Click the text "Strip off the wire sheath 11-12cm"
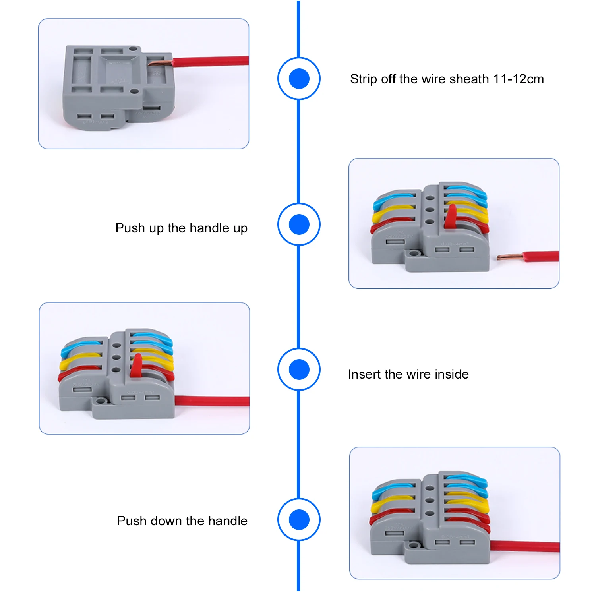click(447, 79)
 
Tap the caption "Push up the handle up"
click(181, 228)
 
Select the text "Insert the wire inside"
click(408, 374)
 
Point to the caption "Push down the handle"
click(182, 521)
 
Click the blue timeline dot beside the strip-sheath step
click(299, 79)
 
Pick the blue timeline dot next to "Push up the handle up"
click(299, 224)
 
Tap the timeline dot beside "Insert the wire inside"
click(299, 370)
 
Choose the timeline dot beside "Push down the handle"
click(299, 520)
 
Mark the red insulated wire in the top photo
click(211, 61)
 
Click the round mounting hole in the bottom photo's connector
click(415, 544)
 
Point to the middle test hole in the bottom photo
click(429, 501)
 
